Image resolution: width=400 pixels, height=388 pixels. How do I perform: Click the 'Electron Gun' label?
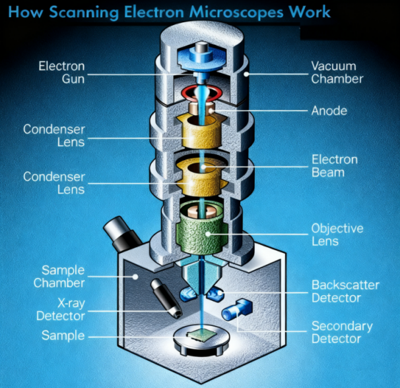click(x=61, y=74)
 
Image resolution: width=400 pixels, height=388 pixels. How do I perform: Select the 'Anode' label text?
click(x=329, y=111)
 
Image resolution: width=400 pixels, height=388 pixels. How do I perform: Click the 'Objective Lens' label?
click(x=337, y=235)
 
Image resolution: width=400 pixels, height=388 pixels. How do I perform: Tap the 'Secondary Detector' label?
click(x=341, y=333)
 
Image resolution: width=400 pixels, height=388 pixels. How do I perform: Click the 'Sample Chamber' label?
click(x=63, y=277)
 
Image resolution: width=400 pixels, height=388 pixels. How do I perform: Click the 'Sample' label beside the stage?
click(x=63, y=335)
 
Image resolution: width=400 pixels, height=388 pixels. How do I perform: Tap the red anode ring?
click(x=200, y=91)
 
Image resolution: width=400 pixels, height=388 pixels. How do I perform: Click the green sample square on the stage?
click(x=200, y=337)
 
